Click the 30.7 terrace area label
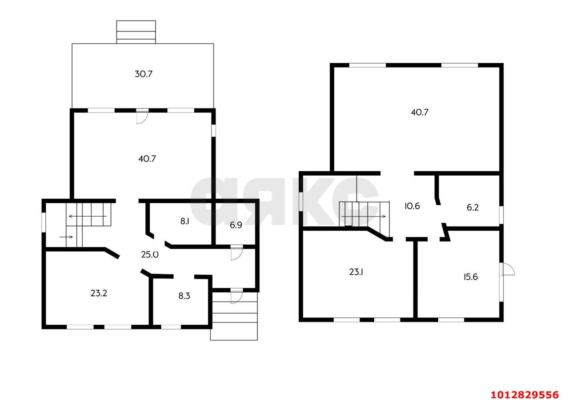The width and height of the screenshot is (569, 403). [144, 74]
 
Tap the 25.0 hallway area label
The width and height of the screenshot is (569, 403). [150, 254]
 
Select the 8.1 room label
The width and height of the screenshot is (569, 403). [184, 222]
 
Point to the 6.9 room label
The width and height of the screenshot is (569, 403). [236, 225]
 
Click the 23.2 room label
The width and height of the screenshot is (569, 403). [99, 293]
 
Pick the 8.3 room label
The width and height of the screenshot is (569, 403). [184, 296]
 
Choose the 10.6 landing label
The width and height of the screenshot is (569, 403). [412, 206]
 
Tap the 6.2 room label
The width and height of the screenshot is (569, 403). [473, 207]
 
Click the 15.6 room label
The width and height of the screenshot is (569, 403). [471, 277]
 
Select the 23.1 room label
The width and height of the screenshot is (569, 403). [356, 272]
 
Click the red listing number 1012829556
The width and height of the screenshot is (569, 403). [525, 395]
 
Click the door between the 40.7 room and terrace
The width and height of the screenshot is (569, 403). [142, 117]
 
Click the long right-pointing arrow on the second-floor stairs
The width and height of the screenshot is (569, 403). [364, 217]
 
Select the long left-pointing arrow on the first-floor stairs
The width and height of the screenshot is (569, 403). [88, 216]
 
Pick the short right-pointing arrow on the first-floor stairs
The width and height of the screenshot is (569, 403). [66, 237]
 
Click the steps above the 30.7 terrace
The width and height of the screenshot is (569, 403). [136, 32]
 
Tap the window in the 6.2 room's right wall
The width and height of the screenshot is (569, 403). [501, 215]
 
